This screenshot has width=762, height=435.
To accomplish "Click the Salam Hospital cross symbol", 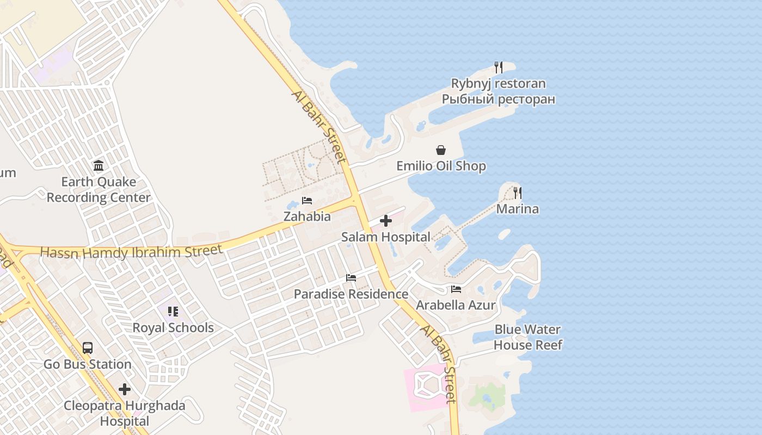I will (386, 221).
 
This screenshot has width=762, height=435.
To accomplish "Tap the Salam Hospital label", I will (385, 237).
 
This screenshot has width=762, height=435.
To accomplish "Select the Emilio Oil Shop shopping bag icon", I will (441, 150).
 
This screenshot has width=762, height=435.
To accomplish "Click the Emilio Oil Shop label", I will (441, 166).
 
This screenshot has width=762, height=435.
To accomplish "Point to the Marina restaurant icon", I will (517, 192).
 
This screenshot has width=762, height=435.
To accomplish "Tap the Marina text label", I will (517, 209).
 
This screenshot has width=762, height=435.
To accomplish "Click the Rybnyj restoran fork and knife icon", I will (498, 67).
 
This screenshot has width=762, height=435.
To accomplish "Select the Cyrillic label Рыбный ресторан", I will (498, 99).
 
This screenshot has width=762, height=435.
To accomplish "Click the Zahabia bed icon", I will (307, 200).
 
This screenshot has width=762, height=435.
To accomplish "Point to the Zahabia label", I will (307, 216).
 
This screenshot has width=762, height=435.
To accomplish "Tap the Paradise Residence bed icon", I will (351, 278).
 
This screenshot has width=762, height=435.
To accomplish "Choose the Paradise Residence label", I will (351, 294).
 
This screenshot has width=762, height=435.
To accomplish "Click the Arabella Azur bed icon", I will (456, 289).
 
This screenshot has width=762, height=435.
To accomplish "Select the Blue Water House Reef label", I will (527, 337).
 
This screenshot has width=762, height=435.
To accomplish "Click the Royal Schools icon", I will (173, 312).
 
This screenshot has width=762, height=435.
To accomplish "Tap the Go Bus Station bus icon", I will (88, 348).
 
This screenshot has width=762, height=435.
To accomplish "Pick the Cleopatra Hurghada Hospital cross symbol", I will (125, 389).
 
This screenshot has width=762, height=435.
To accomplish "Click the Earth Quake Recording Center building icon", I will (99, 165).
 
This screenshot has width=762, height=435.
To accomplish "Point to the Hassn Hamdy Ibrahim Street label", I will (131, 252).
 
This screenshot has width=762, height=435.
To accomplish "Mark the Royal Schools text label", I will (173, 328).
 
